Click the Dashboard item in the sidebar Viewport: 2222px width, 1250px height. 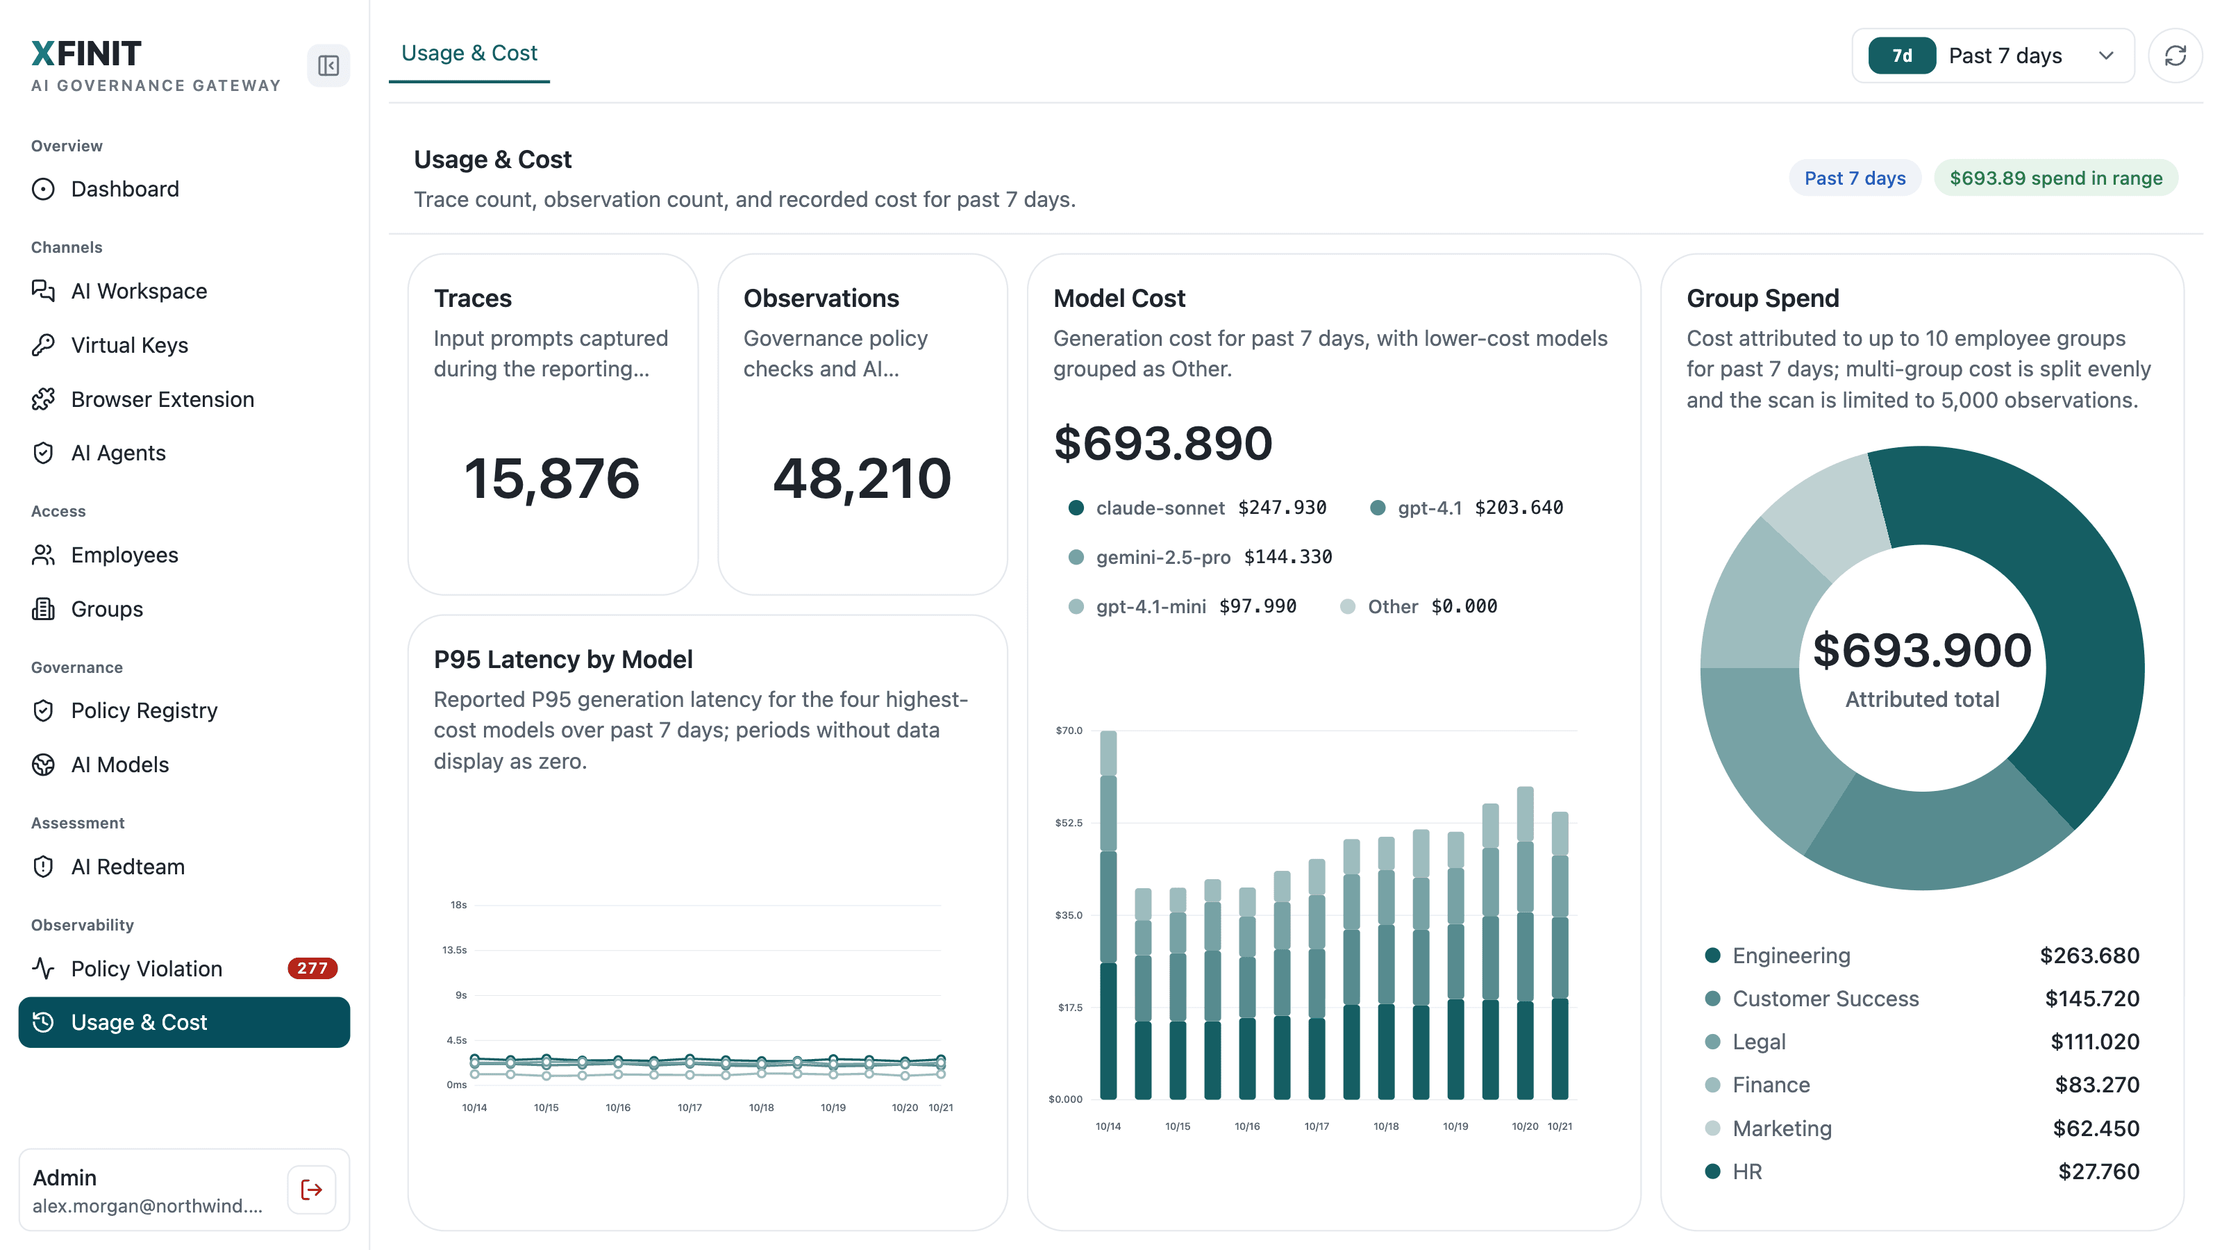click(124, 189)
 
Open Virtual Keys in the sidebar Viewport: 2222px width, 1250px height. click(129, 345)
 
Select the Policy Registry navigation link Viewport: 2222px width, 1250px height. click(144, 710)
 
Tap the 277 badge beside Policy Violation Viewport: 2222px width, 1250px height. click(312, 968)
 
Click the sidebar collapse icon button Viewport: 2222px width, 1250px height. click(328, 65)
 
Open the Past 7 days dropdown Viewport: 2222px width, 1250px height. click(1993, 56)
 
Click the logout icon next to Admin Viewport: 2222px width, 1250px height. click(311, 1190)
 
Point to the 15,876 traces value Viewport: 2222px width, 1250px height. click(552, 478)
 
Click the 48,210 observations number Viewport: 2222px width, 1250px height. click(862, 478)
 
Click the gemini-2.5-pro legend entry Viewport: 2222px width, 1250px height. click(1200, 557)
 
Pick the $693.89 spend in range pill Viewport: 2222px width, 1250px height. click(2055, 178)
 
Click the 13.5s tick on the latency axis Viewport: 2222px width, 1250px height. click(455, 950)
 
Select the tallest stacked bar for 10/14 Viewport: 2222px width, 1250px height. click(1108, 915)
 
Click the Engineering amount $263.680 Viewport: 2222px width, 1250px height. click(2089, 955)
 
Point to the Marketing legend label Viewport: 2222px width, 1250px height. click(1782, 1128)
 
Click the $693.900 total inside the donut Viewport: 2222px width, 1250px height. click(1922, 651)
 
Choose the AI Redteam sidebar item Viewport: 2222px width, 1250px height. click(128, 866)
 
